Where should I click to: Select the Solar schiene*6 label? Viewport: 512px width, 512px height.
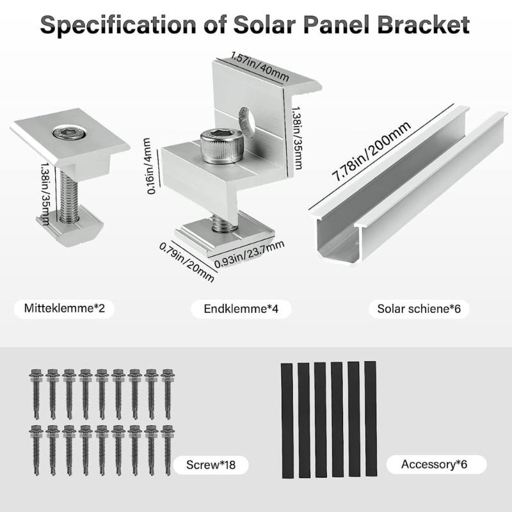coord(419,309)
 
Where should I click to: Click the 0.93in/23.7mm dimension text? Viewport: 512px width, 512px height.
coord(250,253)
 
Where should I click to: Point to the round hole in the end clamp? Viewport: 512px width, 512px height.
coord(246,118)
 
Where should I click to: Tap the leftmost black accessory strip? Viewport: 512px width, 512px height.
coord(287,419)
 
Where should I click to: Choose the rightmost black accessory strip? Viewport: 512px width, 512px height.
coord(371,419)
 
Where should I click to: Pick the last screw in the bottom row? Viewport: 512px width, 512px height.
coord(168,451)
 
